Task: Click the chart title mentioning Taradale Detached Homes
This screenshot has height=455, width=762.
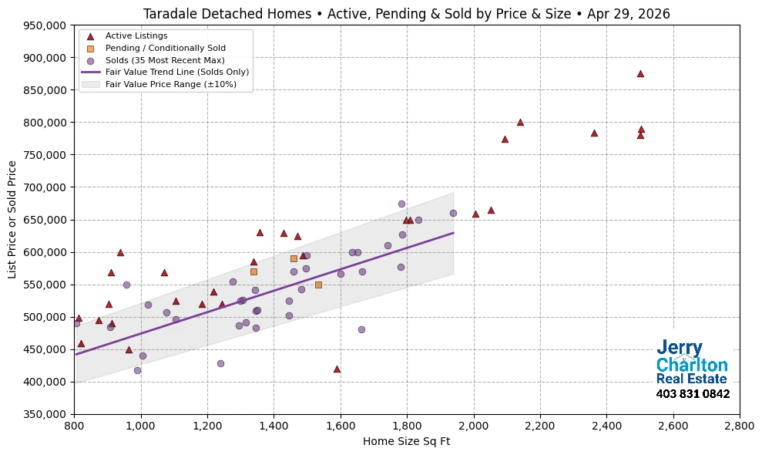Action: pyautogui.click(x=406, y=14)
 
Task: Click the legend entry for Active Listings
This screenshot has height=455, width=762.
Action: pyautogui.click(x=136, y=35)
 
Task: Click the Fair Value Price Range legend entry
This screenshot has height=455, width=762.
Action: pyautogui.click(x=170, y=84)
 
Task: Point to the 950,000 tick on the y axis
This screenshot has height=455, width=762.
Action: pyautogui.click(x=45, y=25)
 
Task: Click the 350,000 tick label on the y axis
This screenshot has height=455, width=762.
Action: pyautogui.click(x=45, y=414)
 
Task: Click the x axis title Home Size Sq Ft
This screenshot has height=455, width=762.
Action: pyautogui.click(x=406, y=442)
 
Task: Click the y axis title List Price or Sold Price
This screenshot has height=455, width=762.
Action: pyautogui.click(x=12, y=220)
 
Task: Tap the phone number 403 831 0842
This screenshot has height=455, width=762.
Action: pyautogui.click(x=693, y=394)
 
